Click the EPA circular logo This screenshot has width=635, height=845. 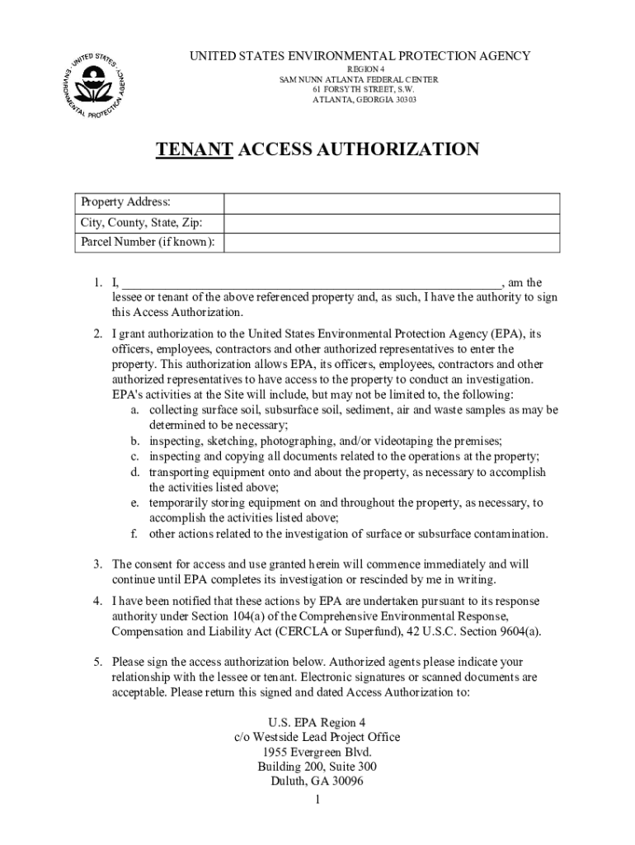(93, 85)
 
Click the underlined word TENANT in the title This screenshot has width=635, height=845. (194, 149)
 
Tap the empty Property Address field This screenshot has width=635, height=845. (392, 203)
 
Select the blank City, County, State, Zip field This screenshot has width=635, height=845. (392, 223)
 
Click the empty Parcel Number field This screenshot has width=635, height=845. (392, 243)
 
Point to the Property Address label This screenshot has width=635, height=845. (125, 203)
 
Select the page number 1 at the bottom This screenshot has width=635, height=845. (317, 800)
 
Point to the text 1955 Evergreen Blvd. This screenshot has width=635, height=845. (317, 752)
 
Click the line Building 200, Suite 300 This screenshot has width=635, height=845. (317, 767)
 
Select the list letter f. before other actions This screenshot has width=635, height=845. (133, 533)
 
